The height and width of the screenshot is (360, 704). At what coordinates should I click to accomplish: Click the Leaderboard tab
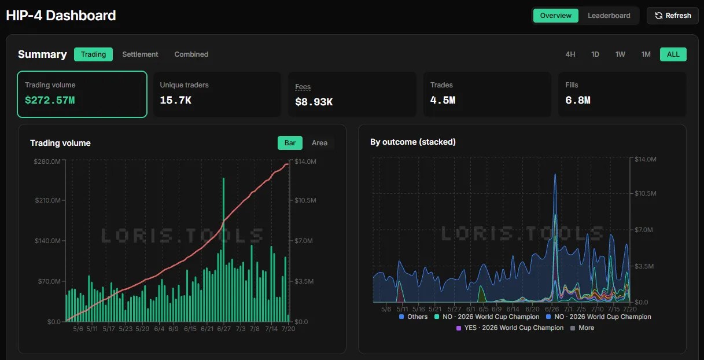pos(609,16)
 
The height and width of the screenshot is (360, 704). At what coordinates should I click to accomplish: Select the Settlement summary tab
pos(140,54)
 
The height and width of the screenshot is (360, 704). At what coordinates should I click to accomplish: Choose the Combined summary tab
pos(191,54)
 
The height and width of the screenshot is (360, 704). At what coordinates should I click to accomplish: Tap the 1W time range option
pos(620,54)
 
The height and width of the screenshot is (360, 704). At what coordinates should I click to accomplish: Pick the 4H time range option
pos(570,54)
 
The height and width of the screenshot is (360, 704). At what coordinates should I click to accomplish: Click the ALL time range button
pos(673,54)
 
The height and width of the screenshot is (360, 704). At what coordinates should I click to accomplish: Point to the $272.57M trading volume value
pos(50,100)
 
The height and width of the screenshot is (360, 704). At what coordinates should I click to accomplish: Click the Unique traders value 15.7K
pos(176,100)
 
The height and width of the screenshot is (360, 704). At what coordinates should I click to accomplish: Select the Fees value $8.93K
pos(314,102)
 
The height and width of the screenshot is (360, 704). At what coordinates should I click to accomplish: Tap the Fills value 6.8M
pos(578,100)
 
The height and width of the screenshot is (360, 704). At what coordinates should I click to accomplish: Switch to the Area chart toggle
pos(320,143)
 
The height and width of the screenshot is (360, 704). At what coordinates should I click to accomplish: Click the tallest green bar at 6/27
pos(223,249)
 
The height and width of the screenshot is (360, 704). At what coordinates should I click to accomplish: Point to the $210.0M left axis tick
pos(48,200)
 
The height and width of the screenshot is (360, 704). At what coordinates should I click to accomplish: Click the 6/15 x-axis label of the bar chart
pos(190,329)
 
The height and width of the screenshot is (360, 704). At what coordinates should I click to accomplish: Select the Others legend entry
pos(413,317)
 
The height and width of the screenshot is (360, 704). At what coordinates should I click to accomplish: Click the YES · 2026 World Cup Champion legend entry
pos(510,328)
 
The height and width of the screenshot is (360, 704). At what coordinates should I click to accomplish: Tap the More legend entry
pos(582,328)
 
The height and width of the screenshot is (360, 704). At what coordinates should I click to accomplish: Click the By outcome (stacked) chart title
pos(412,142)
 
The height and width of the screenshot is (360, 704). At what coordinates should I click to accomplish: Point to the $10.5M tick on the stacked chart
pos(645,193)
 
